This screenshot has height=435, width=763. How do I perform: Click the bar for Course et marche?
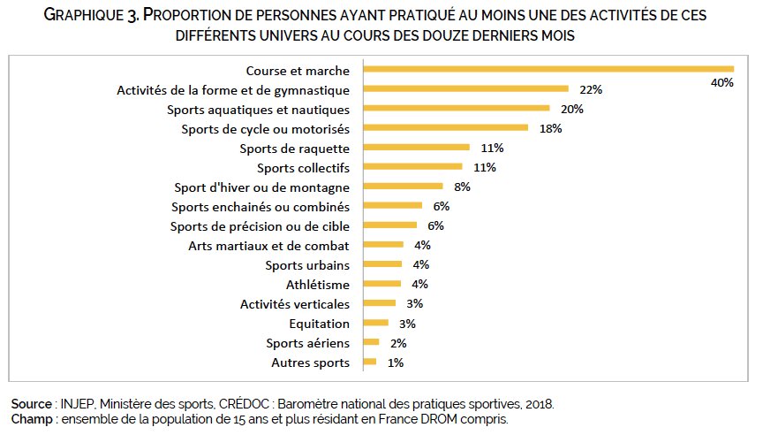click(x=548, y=69)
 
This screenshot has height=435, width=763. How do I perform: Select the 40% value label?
click(x=722, y=82)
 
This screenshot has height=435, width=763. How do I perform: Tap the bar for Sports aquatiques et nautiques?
click(x=456, y=109)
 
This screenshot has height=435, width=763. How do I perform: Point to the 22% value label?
click(x=591, y=89)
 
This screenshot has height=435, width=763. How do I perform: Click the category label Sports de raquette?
click(x=301, y=148)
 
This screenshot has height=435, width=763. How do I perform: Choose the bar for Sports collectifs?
click(x=412, y=167)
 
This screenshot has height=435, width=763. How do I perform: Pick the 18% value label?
click(x=550, y=128)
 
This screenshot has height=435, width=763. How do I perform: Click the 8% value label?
click(x=462, y=187)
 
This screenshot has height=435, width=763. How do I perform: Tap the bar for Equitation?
click(x=375, y=324)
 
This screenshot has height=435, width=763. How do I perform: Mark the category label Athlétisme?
click(x=318, y=284)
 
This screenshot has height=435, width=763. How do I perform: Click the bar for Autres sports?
click(x=369, y=362)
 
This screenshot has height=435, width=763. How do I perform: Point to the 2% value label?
click(x=398, y=343)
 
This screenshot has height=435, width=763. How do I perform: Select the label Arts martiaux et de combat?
click(x=269, y=245)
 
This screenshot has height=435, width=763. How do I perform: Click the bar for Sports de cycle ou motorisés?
click(x=445, y=128)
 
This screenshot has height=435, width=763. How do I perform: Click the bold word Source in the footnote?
click(x=31, y=404)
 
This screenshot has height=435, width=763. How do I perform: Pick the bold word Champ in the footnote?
click(x=29, y=418)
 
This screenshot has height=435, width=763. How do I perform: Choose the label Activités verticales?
click(x=295, y=303)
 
